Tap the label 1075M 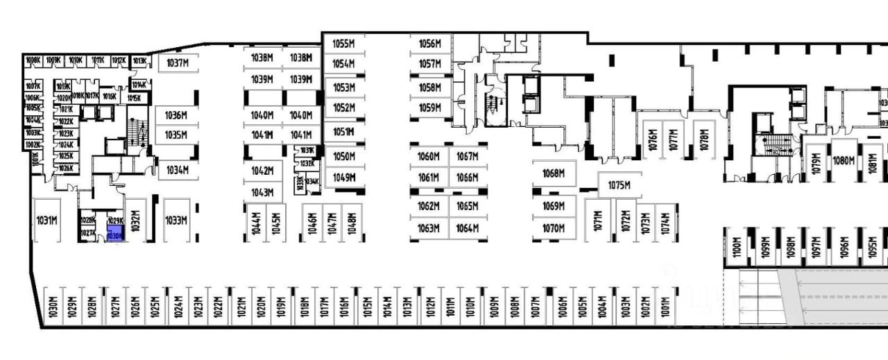pos(618,185)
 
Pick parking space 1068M pos(554,173)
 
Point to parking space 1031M pos(46,221)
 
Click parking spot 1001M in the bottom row pos(666,305)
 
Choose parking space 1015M pos(366,305)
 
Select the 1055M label pos(343,43)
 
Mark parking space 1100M pos(737,247)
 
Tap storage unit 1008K pos(33,60)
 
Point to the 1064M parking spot pos(468,228)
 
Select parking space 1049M pos(343,178)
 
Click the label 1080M pos(843,161)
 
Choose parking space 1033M pos(176,221)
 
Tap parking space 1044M pos(255,223)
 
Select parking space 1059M pos(430,108)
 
